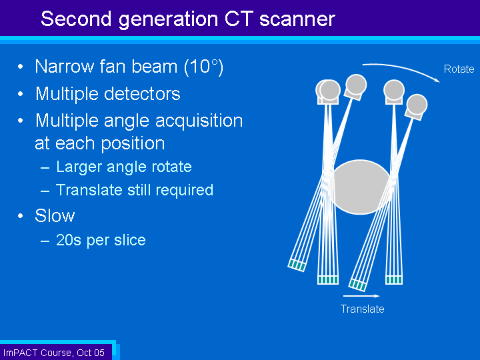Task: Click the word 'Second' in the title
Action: pyautogui.click(x=75, y=19)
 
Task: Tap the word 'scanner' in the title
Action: pyautogui.click(x=297, y=19)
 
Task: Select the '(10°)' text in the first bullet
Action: pyautogui.click(x=203, y=67)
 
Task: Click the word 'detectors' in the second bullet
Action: pyautogui.click(x=142, y=94)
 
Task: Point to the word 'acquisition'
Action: pyautogui.click(x=199, y=121)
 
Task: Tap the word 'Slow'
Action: pyautogui.click(x=55, y=215)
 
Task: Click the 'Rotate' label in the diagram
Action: pyautogui.click(x=459, y=69)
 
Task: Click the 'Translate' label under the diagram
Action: pyautogui.click(x=362, y=309)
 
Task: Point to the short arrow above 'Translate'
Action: pyautogui.click(x=361, y=296)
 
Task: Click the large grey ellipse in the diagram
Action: pyautogui.click(x=361, y=187)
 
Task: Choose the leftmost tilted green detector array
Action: pyautogui.click(x=297, y=265)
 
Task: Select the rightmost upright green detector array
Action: pyautogui.click(x=394, y=280)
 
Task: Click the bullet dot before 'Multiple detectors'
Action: pyautogui.click(x=21, y=94)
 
